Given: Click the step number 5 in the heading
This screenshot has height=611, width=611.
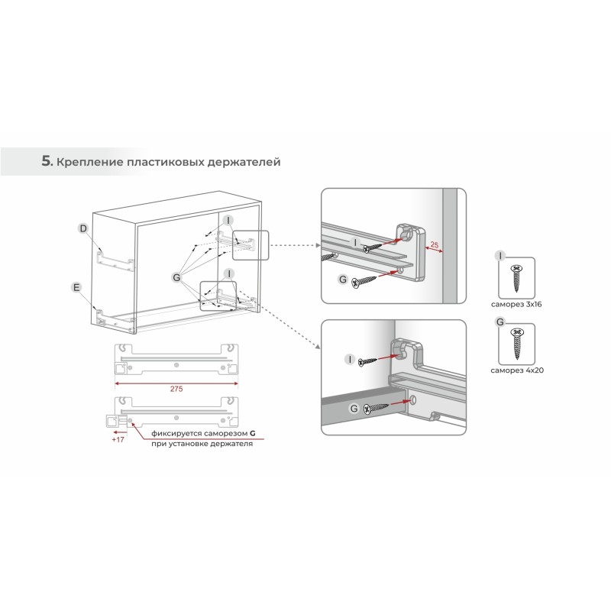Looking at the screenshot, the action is click(47, 161).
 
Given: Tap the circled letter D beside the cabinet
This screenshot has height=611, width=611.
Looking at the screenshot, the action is click(83, 228).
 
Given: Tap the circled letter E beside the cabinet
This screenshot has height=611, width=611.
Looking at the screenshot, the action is click(76, 288).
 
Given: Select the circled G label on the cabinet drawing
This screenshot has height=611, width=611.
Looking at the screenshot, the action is click(176, 277).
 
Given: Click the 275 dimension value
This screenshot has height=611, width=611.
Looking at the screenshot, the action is click(176, 389).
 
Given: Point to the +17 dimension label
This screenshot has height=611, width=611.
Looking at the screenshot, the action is click(118, 440).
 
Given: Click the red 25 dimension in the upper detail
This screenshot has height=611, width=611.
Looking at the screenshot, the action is click(434, 245).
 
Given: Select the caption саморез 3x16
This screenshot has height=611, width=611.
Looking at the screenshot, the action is click(516, 304).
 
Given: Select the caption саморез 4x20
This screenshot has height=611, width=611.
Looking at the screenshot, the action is click(517, 370).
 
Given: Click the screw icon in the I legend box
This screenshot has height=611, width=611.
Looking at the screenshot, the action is click(517, 278).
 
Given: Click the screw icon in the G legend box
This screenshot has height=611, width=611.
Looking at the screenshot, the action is click(517, 344).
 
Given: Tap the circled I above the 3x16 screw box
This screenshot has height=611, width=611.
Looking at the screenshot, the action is click(500, 256).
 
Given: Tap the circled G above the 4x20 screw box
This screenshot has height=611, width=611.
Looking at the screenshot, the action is click(500, 322).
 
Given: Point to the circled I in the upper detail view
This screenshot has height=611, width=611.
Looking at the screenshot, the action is click(355, 243).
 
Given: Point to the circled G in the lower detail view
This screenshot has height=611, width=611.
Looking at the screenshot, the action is click(354, 409).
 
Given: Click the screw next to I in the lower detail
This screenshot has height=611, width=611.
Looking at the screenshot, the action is click(367, 362).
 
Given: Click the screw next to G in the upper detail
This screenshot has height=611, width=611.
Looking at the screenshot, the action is click(364, 282).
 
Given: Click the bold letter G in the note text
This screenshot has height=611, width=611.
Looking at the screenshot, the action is click(253, 433).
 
